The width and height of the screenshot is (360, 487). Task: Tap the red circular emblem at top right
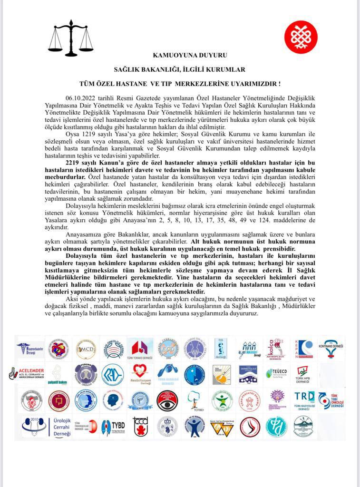(301, 37)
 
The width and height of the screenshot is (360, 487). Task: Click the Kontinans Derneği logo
(331, 349)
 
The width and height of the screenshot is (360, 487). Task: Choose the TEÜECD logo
(276, 374)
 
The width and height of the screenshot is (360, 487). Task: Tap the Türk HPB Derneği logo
(303, 374)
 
